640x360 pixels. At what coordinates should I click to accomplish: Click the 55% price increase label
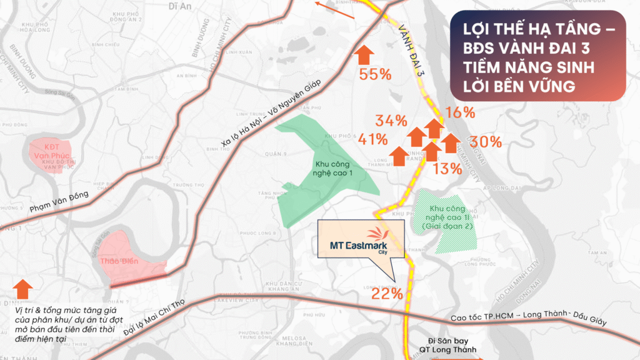375,74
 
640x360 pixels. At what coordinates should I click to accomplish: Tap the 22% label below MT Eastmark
387,293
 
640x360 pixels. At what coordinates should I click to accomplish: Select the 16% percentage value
461,113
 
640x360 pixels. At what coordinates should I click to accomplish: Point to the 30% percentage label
486,142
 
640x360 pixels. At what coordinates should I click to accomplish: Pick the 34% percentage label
391,121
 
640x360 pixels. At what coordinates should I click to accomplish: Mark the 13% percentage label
447,167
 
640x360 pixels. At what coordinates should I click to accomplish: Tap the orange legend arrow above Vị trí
23,289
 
